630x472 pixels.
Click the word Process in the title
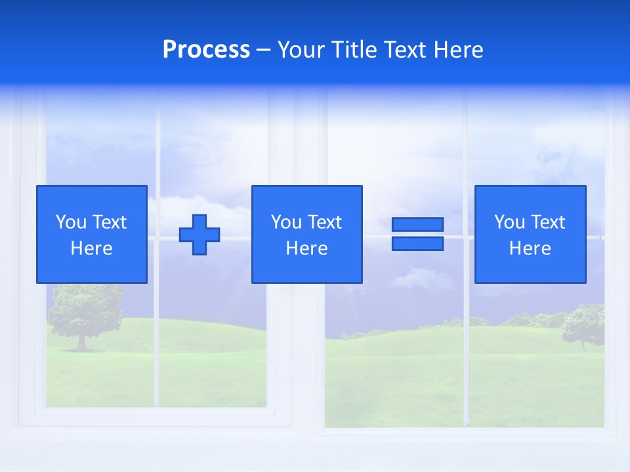point(206,50)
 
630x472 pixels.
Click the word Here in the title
point(459,50)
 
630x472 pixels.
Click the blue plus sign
point(199,234)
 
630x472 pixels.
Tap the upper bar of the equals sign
point(417,225)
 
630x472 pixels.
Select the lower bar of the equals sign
point(417,243)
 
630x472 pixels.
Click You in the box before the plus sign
point(71,222)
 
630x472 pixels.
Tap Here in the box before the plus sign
point(92,248)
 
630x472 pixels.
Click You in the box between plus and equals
point(286,222)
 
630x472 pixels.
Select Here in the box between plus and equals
point(307,248)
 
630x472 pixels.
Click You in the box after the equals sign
point(509,222)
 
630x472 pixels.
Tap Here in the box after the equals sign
point(530,248)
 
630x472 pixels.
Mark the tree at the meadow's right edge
point(583,325)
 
